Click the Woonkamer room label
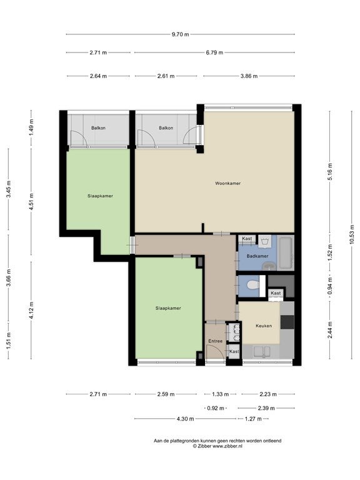tap(227, 183)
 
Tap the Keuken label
tap(264, 326)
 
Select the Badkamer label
tap(257, 256)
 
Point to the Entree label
tap(215, 341)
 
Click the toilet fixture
tap(253, 285)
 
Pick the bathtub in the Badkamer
tap(286, 252)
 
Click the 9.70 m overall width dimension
tap(180, 34)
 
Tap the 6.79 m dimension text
tap(214, 52)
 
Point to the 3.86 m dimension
tap(249, 76)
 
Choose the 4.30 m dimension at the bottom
tap(185, 419)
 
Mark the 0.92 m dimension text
tap(216, 408)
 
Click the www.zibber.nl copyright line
tap(217, 446)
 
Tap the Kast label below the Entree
tap(234, 351)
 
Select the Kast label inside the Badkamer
tap(247, 239)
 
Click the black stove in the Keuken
tap(287, 322)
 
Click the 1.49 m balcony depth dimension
tap(31, 127)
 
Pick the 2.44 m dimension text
tap(330, 330)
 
